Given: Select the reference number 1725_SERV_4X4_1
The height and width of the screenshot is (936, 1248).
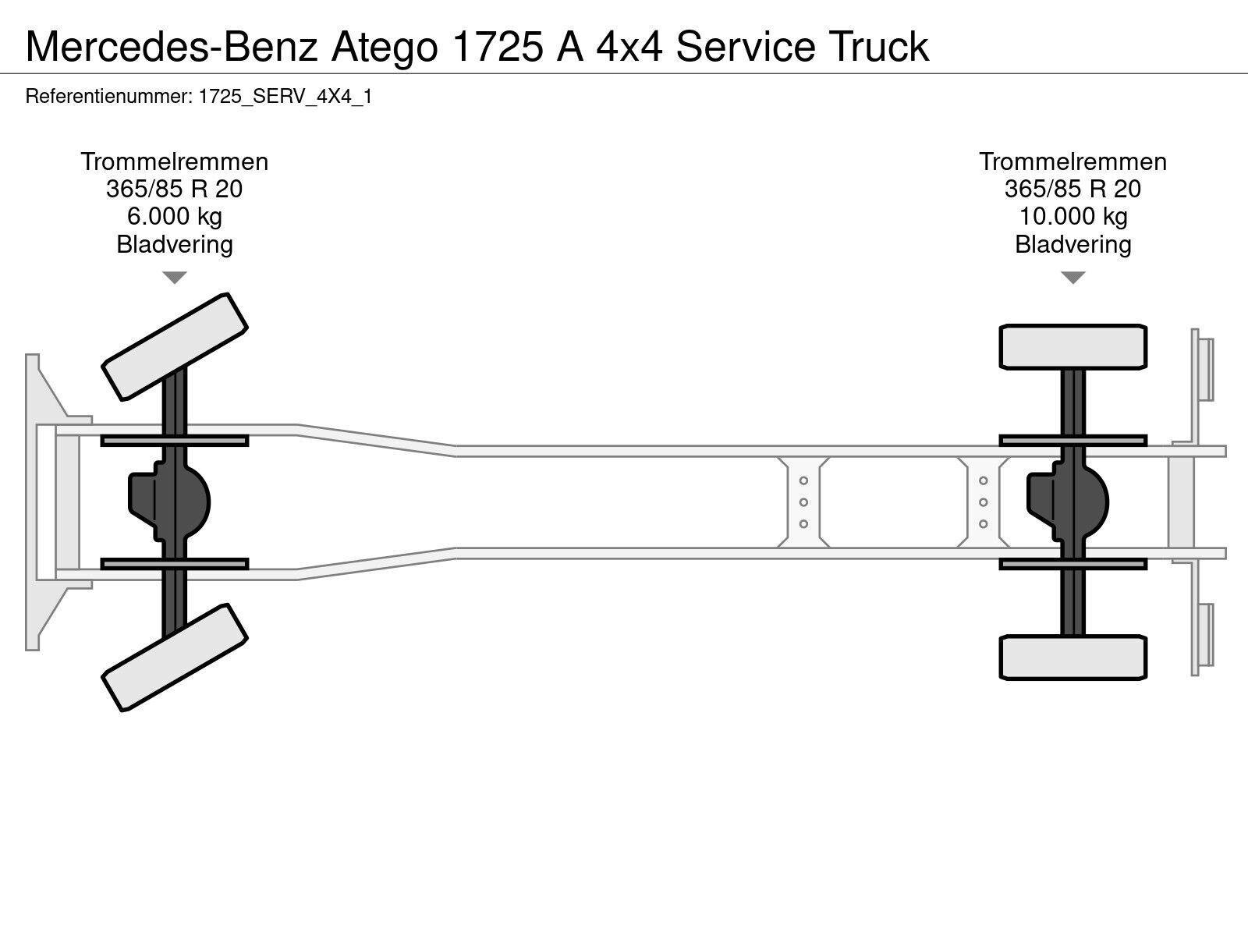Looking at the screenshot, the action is (285, 97).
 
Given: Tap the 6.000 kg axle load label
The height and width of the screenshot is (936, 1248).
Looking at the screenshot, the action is (175, 217).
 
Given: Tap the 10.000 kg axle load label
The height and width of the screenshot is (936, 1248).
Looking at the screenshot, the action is (1072, 217).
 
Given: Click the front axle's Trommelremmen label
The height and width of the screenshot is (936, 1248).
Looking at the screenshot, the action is (175, 162).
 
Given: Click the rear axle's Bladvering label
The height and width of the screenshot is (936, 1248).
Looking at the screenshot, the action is (1072, 244).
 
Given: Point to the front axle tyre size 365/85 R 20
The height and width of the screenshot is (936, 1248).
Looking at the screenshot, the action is (175, 190).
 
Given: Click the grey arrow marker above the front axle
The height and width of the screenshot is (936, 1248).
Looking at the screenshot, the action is (175, 278).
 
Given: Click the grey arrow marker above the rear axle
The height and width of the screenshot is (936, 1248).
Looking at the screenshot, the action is (1072, 278).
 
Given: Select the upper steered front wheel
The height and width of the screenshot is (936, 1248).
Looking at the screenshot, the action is (175, 346).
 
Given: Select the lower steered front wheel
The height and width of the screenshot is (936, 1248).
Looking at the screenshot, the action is (175, 657).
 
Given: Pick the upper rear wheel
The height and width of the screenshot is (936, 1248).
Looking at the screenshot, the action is (1072, 346).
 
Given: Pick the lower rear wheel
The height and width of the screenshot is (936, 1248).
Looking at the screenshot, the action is (1072, 657).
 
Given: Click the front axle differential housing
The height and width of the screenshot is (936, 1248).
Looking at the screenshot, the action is (170, 502).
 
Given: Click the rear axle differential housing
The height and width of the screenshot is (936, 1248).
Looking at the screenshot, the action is (1069, 502).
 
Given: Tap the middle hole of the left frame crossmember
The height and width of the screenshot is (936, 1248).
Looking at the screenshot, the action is (803, 502).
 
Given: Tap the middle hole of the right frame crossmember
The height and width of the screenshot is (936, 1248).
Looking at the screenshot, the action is (983, 502).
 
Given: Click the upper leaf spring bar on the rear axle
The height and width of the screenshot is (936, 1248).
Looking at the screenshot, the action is (1072, 441).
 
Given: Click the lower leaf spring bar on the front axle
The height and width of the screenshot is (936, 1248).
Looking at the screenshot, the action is (175, 564).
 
